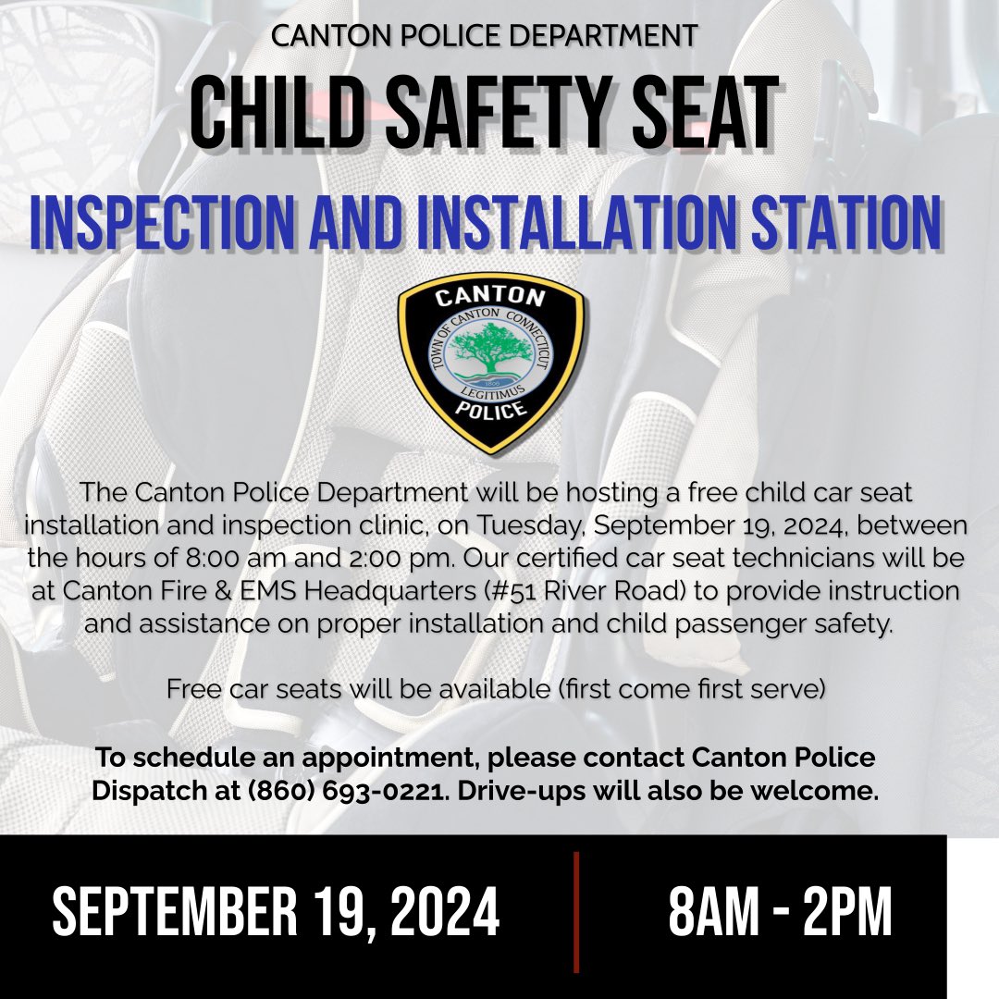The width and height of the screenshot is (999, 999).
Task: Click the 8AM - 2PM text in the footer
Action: [780, 913]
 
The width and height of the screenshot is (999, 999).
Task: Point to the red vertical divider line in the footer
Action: [575, 912]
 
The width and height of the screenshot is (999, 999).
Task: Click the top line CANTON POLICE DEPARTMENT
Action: [485, 37]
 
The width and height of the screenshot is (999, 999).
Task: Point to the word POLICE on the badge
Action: [490, 411]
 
